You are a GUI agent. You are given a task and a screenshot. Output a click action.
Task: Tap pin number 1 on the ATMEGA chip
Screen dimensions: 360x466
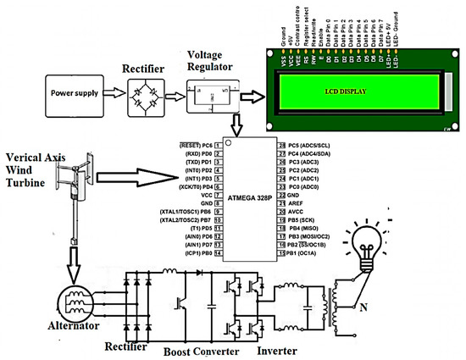218,146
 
